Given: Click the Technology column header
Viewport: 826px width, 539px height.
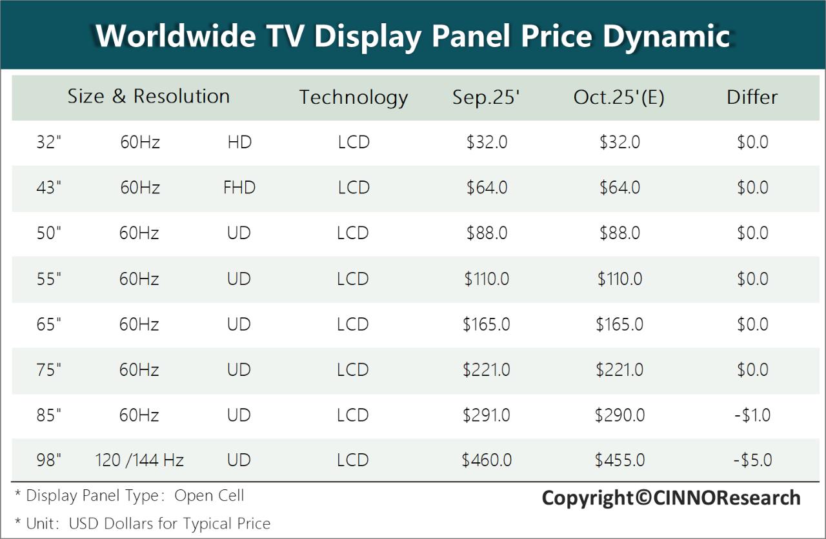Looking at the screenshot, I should [x=353, y=97].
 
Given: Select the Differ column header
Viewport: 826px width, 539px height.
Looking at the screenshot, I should [x=752, y=97].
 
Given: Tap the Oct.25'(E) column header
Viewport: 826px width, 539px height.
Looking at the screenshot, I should [x=619, y=97].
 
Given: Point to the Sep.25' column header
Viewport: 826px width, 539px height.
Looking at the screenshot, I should [x=486, y=97].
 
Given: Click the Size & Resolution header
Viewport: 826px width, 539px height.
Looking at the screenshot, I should [x=148, y=97].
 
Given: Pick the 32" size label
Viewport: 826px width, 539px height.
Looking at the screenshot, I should [x=48, y=142].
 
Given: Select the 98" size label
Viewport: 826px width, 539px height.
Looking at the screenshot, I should [x=49, y=460].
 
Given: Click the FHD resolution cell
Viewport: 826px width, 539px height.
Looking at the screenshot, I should [x=239, y=188].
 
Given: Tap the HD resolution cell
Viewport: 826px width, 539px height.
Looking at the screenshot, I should [x=239, y=142].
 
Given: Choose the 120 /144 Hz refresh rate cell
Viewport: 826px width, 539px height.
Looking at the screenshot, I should [x=139, y=460].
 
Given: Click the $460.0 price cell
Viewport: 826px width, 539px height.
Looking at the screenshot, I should [x=487, y=460].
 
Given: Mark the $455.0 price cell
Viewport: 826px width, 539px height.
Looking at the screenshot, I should [x=619, y=460].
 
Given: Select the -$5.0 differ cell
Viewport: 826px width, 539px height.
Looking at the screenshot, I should [x=752, y=460].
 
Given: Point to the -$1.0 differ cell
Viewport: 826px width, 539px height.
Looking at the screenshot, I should [x=752, y=415].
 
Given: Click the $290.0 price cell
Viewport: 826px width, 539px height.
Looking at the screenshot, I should [x=619, y=415].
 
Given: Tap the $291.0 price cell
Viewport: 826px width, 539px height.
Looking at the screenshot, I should [x=487, y=415].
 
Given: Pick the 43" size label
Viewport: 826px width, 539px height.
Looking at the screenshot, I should [x=49, y=188].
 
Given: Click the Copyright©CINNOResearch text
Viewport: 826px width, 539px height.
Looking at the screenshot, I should [x=671, y=498].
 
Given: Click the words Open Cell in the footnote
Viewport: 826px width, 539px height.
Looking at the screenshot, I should [x=210, y=496].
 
